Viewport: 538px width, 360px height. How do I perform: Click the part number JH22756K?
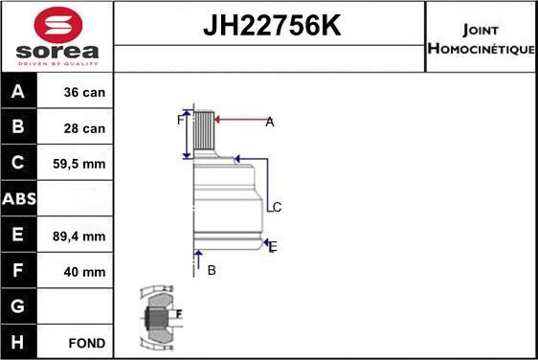272,25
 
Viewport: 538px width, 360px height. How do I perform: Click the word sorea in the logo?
57,52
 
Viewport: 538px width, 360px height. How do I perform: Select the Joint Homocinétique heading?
481,39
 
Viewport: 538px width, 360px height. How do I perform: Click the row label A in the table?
18,91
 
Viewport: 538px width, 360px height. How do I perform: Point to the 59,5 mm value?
78,164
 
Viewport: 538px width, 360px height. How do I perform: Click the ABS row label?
19,199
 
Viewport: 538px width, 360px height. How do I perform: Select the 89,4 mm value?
78,236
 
